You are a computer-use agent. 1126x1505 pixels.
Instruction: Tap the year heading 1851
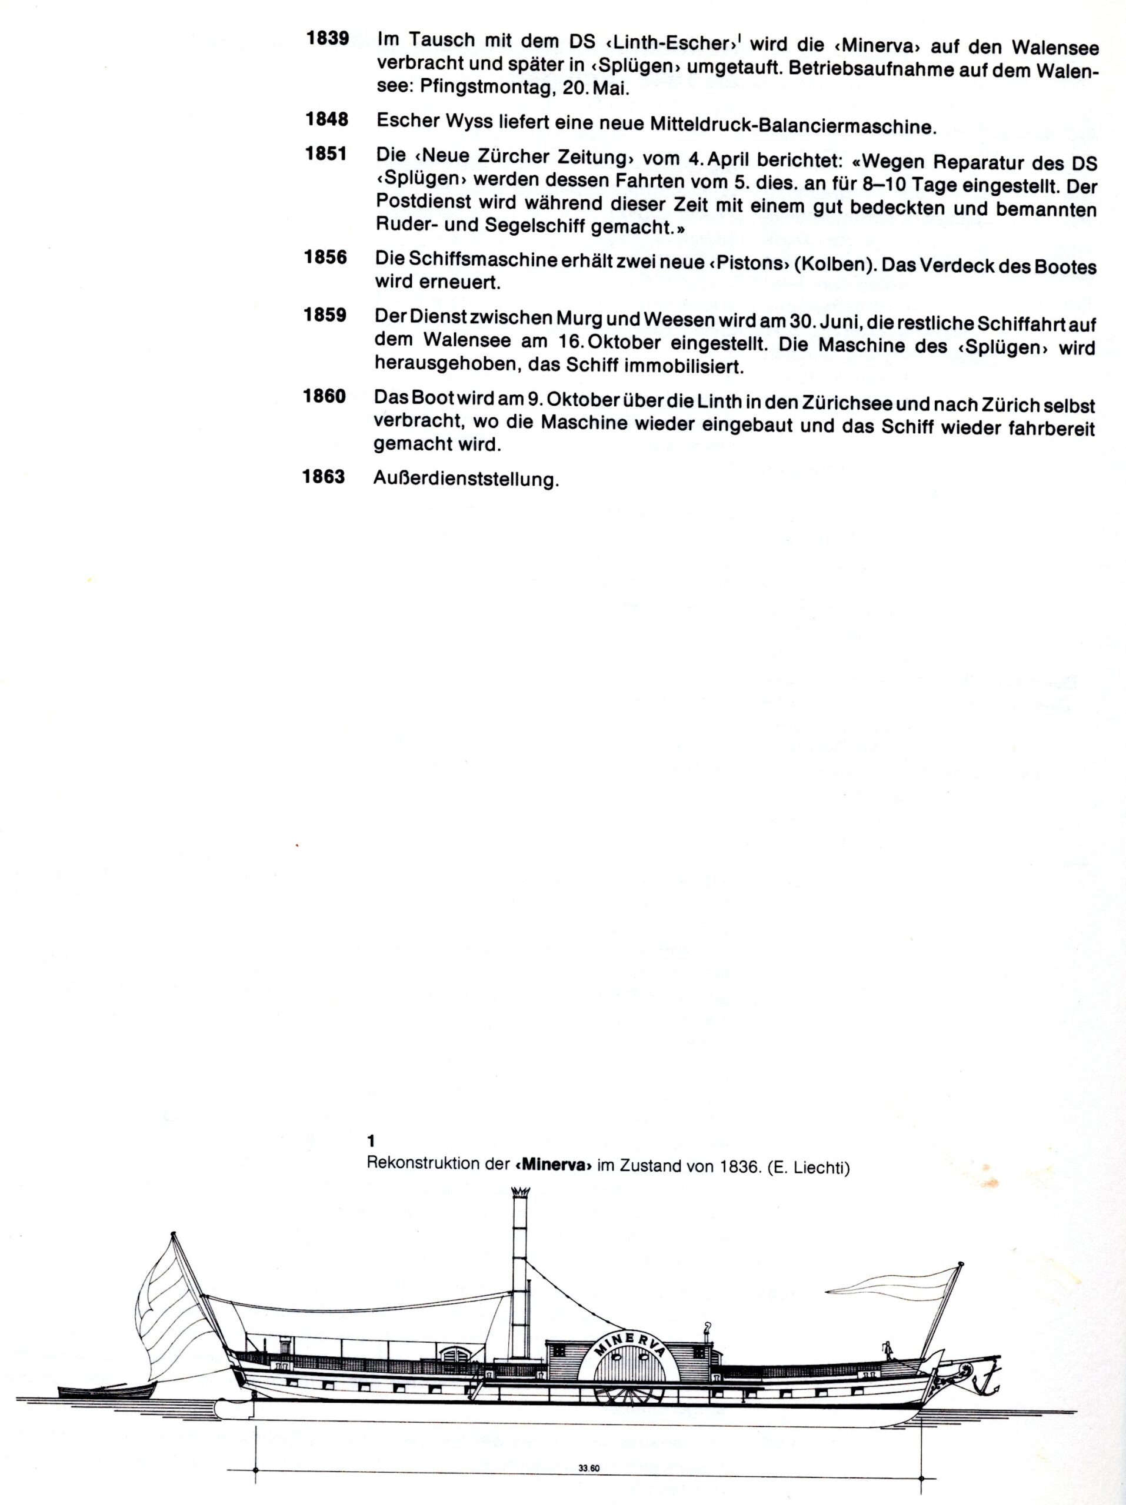click(325, 154)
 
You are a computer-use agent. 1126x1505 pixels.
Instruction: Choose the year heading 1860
click(325, 396)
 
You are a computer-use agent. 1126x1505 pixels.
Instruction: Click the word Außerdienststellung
click(466, 479)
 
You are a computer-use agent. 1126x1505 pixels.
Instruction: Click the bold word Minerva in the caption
click(549, 1164)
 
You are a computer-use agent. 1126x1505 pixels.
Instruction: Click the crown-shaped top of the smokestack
click(520, 1194)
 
